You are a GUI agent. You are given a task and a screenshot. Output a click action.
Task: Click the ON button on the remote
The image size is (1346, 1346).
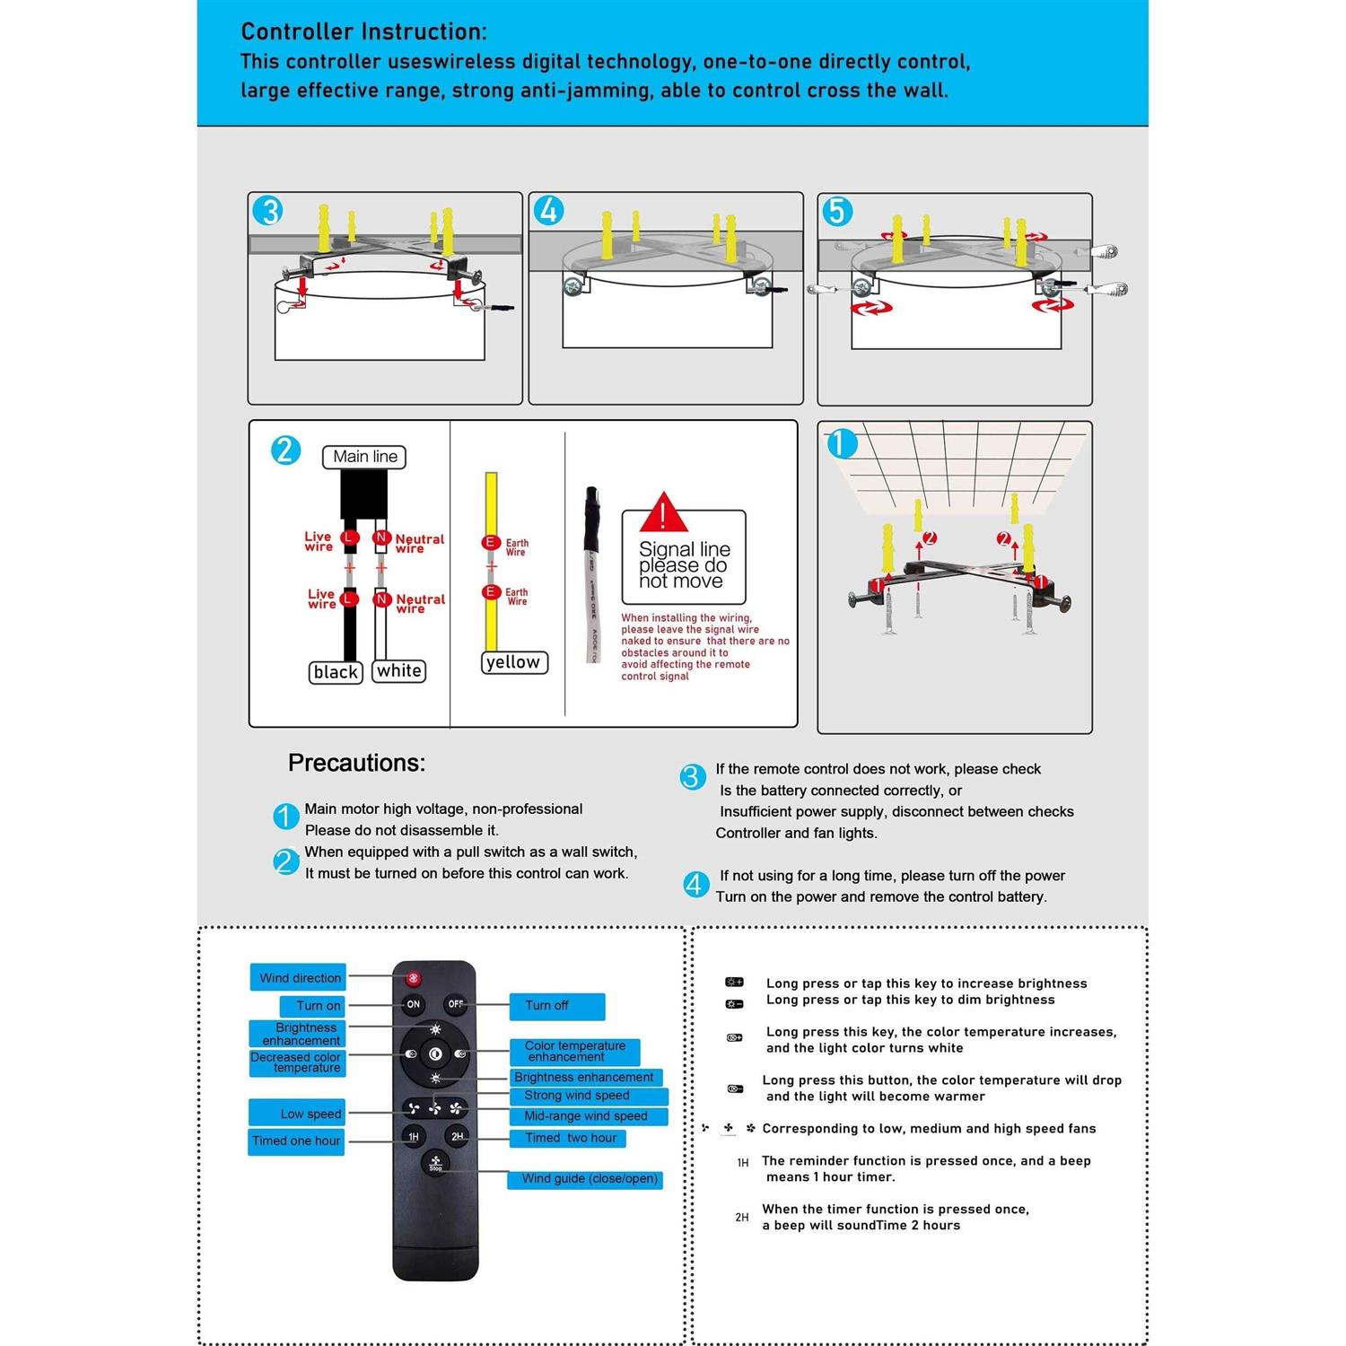pos(413,1004)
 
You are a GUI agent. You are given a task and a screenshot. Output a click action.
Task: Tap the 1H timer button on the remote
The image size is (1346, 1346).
pos(413,1137)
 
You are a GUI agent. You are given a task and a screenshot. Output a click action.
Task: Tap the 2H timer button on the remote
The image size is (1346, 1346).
pos(457,1137)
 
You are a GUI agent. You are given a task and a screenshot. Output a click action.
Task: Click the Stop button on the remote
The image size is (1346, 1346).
pos(435,1162)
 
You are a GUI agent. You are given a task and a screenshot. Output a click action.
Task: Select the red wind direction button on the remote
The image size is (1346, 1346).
pos(413,978)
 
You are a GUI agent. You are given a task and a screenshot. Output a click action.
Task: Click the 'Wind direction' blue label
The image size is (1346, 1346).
pos(299,978)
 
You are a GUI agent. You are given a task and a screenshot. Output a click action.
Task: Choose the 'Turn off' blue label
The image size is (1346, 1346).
pos(556,1006)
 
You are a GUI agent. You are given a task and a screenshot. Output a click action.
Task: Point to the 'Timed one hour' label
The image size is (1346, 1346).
pos(296,1141)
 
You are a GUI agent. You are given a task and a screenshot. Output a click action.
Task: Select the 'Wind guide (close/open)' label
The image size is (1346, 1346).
pos(589,1179)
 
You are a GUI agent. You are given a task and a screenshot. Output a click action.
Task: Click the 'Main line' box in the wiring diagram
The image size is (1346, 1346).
pos(364,457)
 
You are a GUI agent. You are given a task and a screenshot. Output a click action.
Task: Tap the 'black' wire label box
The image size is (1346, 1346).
pos(336,672)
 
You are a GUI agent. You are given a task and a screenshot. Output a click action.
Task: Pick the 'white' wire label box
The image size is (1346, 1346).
pos(399,671)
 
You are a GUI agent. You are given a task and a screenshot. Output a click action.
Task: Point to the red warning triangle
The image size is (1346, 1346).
pos(663,513)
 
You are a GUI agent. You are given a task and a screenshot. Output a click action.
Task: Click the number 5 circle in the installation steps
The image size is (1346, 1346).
pos(837,212)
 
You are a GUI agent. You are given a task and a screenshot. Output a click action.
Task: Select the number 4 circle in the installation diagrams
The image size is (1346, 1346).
pos(548,211)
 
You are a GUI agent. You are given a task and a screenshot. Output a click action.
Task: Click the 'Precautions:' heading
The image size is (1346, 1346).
pos(356,763)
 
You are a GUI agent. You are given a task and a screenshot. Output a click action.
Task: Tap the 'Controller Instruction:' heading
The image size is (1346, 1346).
pos(363,31)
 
